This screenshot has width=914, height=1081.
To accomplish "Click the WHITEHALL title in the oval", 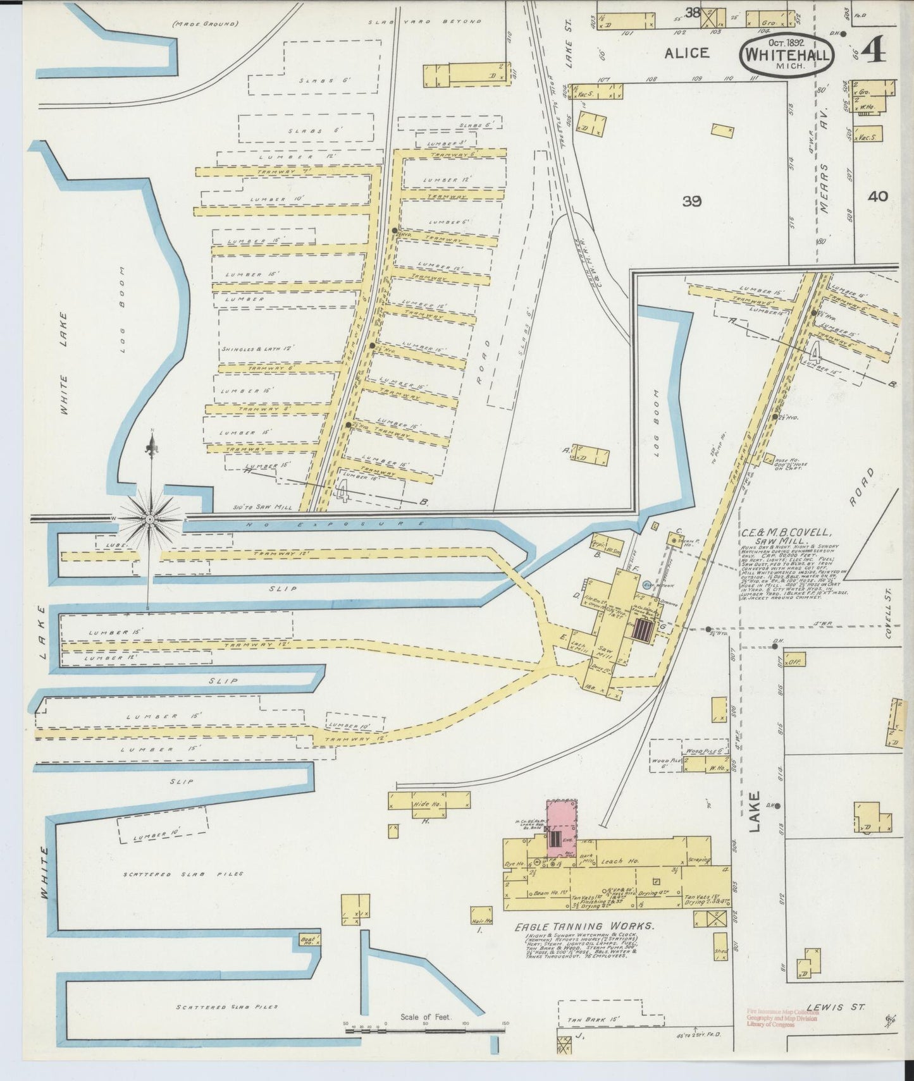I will [x=787, y=55].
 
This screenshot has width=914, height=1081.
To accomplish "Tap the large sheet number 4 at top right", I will [x=872, y=49].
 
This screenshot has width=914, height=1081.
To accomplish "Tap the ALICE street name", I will [x=686, y=53].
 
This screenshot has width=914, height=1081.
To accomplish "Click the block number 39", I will [x=692, y=201].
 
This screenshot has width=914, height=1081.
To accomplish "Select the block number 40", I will [x=877, y=196].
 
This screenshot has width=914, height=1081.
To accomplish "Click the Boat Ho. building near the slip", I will [x=311, y=940].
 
